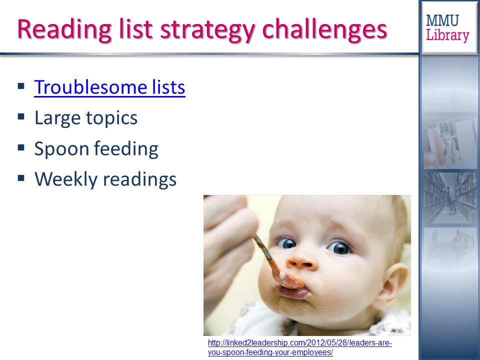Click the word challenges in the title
click(325, 30)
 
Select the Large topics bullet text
click(86, 118)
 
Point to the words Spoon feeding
click(96, 149)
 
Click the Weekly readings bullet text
click(105, 179)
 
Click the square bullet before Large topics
click(21, 116)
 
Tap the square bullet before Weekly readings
click(21, 178)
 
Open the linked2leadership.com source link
click(299, 347)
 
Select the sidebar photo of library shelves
click(450, 198)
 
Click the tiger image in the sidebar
click(450, 248)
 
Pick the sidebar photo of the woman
click(450, 143)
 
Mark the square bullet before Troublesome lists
click(21, 85)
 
